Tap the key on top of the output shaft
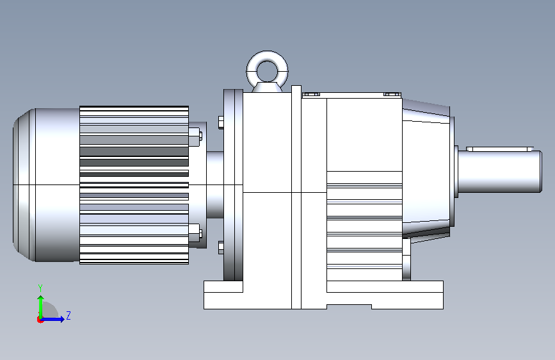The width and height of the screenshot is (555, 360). [500, 149]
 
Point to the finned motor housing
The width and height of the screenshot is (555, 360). [134, 184]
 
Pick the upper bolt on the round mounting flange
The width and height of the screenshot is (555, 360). [221, 122]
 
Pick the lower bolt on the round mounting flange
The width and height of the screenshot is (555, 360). [221, 247]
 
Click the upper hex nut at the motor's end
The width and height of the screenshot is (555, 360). [196, 137]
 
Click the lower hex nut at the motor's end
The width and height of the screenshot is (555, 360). [196, 233]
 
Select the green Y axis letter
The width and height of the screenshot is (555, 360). [40, 288]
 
